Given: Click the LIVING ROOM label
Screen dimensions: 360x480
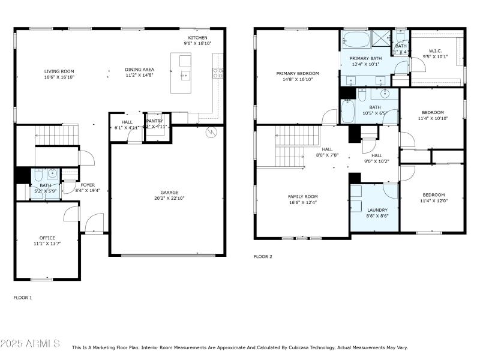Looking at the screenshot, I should tap(58, 71).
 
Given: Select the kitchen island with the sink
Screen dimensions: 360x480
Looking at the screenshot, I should tap(185, 73).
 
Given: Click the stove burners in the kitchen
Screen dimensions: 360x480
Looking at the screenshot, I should tap(219, 73).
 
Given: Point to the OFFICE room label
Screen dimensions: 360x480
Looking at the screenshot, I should tap(47, 238).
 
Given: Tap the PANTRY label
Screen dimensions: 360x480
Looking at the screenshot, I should tap(155, 121).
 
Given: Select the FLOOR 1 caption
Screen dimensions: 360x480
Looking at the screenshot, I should tap(23, 298).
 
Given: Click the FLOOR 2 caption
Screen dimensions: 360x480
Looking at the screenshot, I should tap(263, 257).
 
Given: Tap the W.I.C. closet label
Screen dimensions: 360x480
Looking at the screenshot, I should tap(436, 51).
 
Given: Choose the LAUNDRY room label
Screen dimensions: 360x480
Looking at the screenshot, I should tap(377, 210).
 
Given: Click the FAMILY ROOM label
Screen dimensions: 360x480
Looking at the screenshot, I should tap(303, 197).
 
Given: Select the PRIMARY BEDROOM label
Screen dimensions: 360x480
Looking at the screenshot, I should tap(298, 73).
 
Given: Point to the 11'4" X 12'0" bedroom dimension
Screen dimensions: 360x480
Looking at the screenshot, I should tap(433, 201).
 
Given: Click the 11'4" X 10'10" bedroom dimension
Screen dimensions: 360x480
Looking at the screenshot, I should tap(433, 119).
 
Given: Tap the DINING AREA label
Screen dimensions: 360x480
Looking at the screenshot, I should tap(139, 70).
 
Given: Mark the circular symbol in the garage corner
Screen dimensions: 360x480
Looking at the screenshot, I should tap(211, 133).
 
